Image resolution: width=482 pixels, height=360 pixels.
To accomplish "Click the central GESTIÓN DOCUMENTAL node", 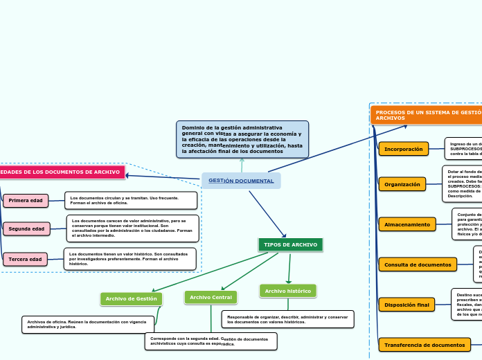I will [x=241, y=181].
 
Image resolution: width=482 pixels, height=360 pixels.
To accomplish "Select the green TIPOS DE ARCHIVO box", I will [x=290, y=245].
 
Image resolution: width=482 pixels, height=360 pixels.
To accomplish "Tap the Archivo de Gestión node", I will [x=131, y=299].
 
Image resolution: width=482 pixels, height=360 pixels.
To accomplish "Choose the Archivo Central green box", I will [x=211, y=297].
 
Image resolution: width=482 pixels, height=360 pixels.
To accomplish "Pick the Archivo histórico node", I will [x=288, y=291].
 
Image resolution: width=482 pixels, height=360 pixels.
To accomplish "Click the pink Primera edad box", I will [x=26, y=201].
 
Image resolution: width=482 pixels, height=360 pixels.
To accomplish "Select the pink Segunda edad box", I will [x=26, y=228].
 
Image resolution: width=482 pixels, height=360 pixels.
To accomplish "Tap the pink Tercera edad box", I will [x=25, y=260].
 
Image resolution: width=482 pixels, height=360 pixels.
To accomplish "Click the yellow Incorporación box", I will [x=403, y=149].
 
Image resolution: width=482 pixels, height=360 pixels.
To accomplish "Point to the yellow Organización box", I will [x=402, y=184].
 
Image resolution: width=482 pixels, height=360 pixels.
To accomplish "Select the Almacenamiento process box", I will [x=407, y=224].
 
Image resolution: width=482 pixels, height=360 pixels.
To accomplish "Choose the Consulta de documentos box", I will [x=417, y=264].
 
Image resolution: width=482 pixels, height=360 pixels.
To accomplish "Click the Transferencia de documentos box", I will [x=424, y=345].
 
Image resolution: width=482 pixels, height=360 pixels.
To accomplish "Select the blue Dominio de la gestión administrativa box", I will [x=242, y=139].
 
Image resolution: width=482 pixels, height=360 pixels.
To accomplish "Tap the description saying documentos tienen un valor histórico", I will [x=130, y=259].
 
